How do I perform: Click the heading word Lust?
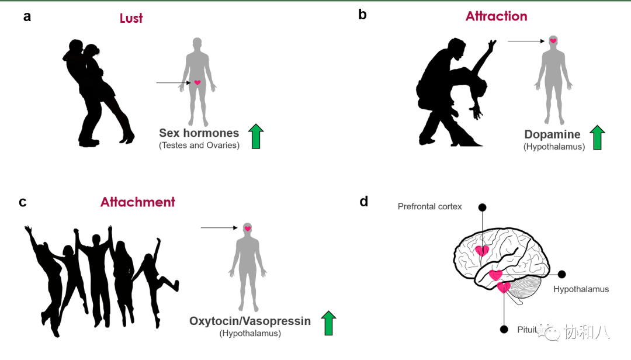point(131,18)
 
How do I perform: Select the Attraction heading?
point(496,16)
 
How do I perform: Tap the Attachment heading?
point(138,202)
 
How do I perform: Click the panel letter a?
point(27,16)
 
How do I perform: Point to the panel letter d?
point(363,202)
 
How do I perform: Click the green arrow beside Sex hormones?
point(256,136)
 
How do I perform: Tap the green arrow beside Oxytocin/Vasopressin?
point(329,323)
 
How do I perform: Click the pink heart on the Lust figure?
point(197,83)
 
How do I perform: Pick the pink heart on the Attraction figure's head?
point(553,41)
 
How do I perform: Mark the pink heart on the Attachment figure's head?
point(248,228)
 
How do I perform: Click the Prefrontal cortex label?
point(429,206)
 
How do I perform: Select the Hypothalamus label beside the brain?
point(581,289)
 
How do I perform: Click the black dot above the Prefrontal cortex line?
point(483,207)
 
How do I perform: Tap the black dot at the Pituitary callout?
point(504,330)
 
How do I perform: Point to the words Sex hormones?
point(199,133)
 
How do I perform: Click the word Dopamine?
point(552,134)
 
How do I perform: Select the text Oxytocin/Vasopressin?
point(250,321)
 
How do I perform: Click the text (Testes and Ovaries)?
point(199,145)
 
